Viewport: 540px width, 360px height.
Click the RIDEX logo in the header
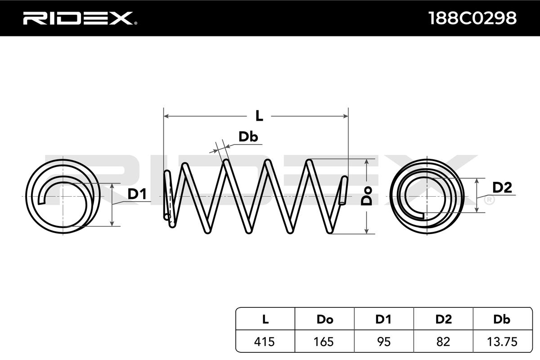[x=77, y=18]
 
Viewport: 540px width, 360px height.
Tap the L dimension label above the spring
[x=259, y=116]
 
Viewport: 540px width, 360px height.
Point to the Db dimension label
[x=248, y=137]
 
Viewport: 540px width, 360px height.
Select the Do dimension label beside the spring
[x=368, y=196]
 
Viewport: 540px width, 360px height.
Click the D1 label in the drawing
[x=137, y=194]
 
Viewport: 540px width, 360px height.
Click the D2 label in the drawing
[x=502, y=188]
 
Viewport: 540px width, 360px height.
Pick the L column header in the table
[x=265, y=319]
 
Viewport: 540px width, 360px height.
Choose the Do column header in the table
[x=324, y=319]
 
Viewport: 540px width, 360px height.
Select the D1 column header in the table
[x=383, y=319]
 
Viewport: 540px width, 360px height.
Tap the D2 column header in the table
[x=443, y=319]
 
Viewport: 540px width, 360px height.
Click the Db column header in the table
[x=502, y=319]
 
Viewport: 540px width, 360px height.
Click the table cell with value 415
[x=265, y=342]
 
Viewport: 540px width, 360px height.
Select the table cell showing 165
[x=324, y=342]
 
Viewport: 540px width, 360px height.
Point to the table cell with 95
[x=383, y=342]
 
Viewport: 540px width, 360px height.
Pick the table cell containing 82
[x=443, y=342]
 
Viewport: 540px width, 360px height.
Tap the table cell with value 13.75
[x=502, y=342]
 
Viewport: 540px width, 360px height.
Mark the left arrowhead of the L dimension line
[x=166, y=116]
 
